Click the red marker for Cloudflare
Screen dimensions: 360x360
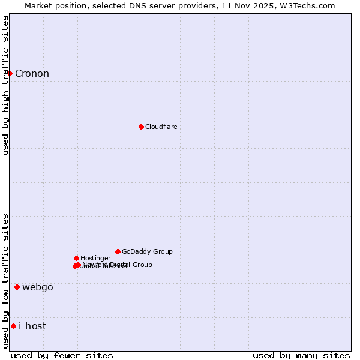pos(141,127)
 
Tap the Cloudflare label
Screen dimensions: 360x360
pos(161,127)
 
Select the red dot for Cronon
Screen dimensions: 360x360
pos(10,73)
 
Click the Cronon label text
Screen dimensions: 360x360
pos(32,74)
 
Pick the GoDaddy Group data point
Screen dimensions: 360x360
pos(118,251)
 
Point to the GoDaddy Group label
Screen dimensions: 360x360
pos(147,251)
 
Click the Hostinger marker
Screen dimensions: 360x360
pos(76,258)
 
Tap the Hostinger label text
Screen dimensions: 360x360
pos(95,258)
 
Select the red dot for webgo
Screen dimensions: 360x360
pos(17,287)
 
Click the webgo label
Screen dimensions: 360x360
pos(38,287)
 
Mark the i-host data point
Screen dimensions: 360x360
pos(13,326)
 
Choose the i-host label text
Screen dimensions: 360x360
pos(32,326)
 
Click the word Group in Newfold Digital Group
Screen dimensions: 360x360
pos(142,265)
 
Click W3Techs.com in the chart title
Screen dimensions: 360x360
pos(307,5)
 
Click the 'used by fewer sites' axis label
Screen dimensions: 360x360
pos(62,355)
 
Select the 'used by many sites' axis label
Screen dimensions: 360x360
pos(301,355)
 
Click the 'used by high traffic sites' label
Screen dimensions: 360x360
pos(5,85)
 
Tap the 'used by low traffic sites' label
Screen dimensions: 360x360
pos(5,280)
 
